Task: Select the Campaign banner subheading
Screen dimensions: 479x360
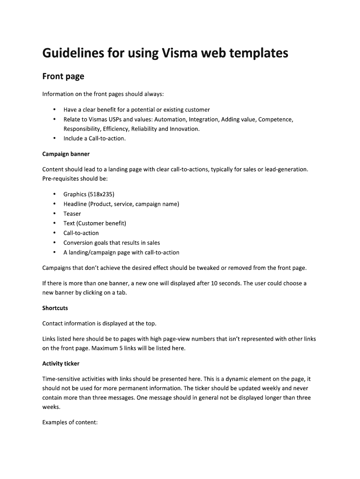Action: (66, 154)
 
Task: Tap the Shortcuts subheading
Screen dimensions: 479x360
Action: (55, 308)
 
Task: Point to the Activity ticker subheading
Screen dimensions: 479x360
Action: (61, 363)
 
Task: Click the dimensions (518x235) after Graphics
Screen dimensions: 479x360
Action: (101, 194)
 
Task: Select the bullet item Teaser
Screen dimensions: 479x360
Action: (72, 214)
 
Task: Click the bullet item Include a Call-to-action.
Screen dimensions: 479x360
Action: (94, 138)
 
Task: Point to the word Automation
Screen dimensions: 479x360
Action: (167, 119)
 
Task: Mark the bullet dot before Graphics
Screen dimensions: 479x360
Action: (54, 194)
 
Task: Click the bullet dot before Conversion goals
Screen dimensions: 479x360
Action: (54, 243)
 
